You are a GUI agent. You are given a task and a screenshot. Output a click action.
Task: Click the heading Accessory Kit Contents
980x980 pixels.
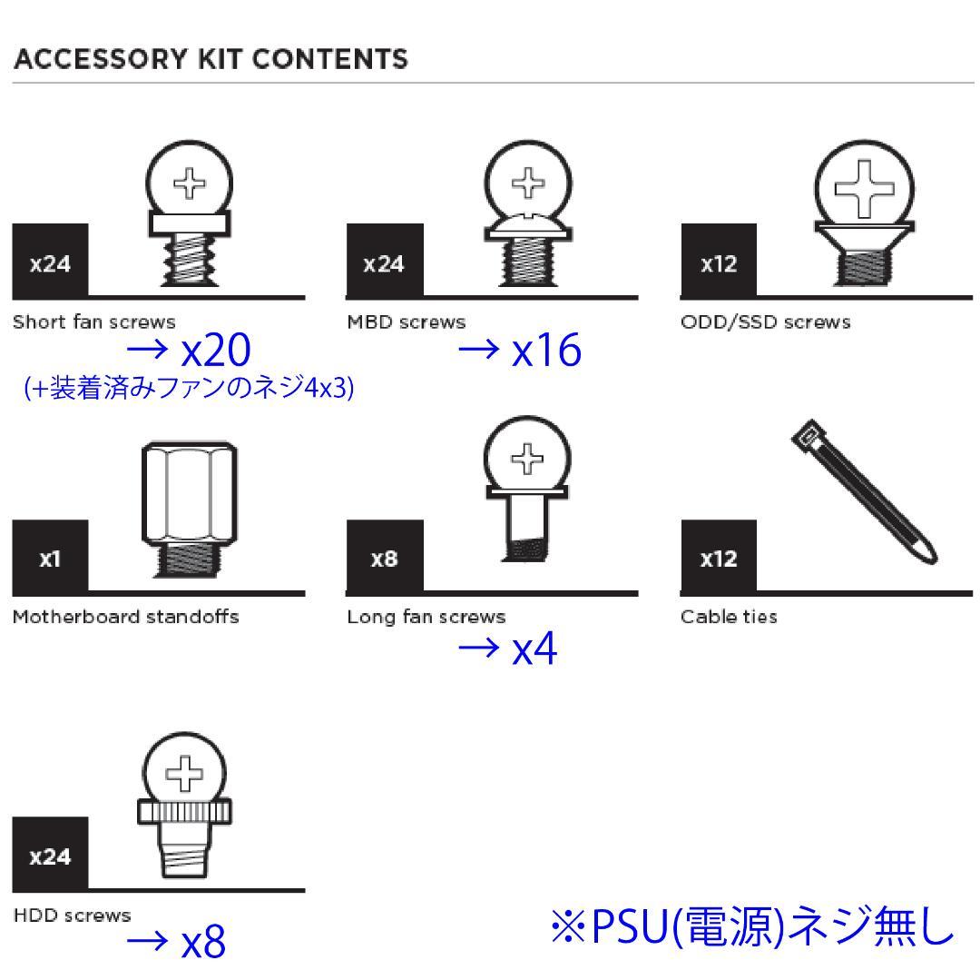pos(210,60)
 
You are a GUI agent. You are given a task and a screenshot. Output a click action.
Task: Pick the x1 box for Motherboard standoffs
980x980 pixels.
pos(50,557)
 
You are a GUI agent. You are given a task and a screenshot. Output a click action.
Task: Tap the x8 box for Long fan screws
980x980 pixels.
pos(385,557)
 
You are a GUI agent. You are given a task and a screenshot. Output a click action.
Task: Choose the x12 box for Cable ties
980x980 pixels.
pos(719,557)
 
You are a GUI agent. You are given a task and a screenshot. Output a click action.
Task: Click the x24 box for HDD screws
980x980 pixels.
pos(50,854)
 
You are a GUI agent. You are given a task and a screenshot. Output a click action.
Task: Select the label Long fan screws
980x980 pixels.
pos(426,618)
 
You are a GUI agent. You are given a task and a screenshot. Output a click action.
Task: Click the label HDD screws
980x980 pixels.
pos(72,915)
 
